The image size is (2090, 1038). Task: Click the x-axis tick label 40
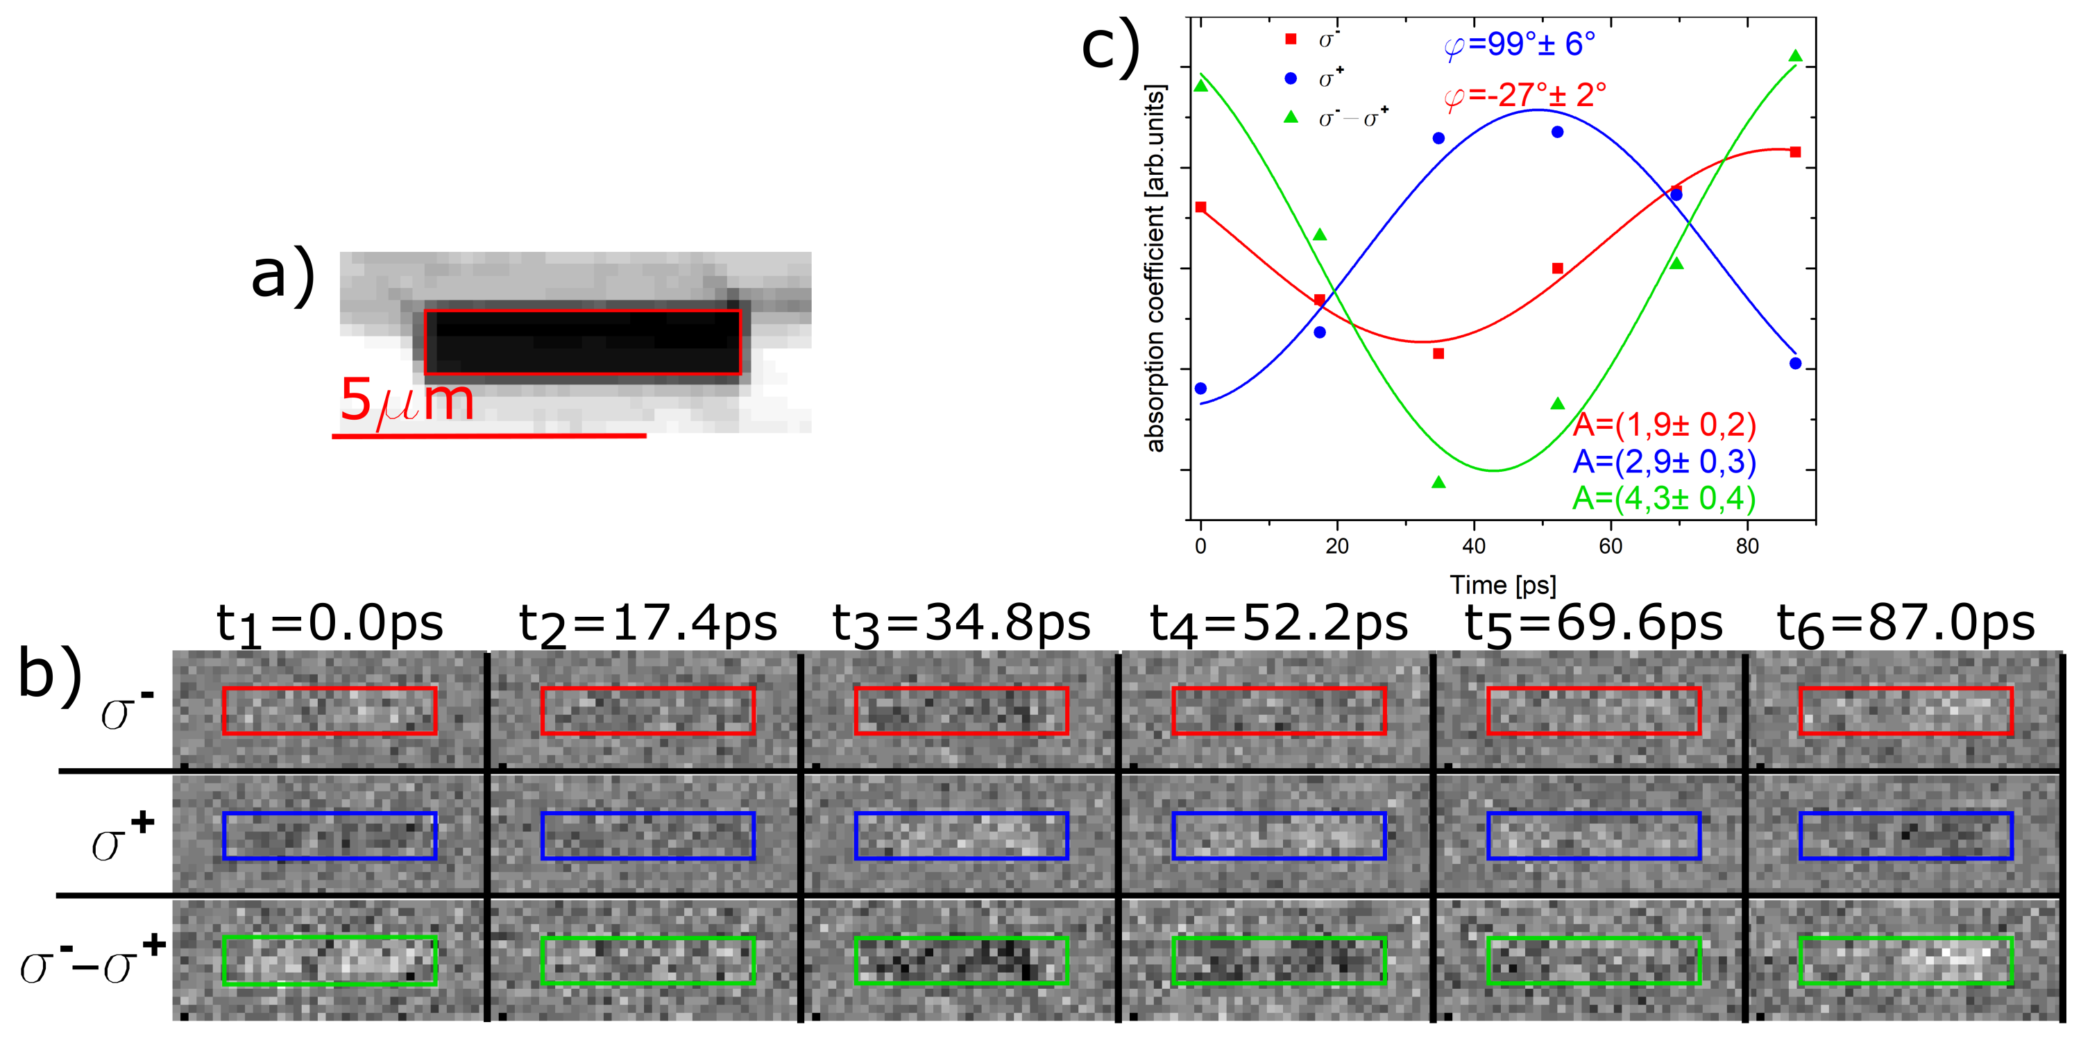pyautogui.click(x=1473, y=546)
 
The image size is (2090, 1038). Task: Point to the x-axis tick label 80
pyautogui.click(x=1747, y=546)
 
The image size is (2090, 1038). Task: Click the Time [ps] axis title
pyautogui.click(x=1502, y=584)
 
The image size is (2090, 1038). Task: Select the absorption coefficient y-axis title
pyautogui.click(x=1154, y=268)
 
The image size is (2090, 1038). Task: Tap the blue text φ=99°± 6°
pyautogui.click(x=1519, y=44)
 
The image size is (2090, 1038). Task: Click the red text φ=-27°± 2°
pyautogui.click(x=1524, y=96)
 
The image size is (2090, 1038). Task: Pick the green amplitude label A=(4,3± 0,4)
pyautogui.click(x=1663, y=497)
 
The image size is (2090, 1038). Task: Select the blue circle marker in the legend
pyautogui.click(x=1291, y=78)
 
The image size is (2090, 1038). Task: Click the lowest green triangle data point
pyautogui.click(x=1438, y=483)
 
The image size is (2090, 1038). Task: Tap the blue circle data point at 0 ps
pyautogui.click(x=1200, y=388)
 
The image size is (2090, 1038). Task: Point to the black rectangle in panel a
pyautogui.click(x=583, y=341)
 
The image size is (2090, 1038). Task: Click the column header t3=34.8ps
pyautogui.click(x=962, y=623)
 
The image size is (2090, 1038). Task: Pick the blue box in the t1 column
pyautogui.click(x=330, y=836)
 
